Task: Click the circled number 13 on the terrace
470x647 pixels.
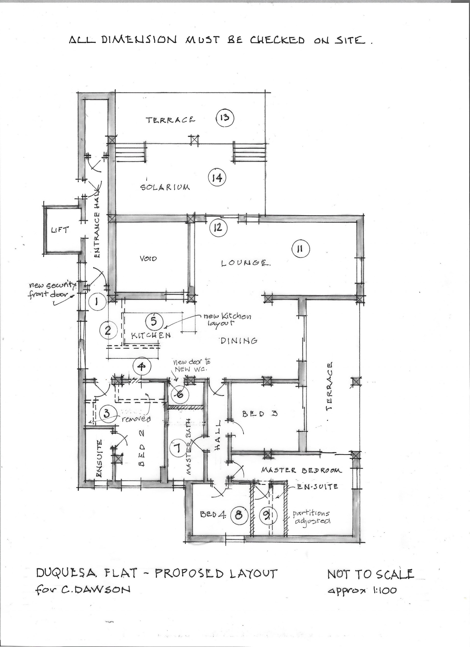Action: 225,118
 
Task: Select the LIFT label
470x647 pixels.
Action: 60,229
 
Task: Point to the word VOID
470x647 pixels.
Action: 148,259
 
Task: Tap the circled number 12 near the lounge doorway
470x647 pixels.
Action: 218,228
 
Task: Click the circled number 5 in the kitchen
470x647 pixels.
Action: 154,321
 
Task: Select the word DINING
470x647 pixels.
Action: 239,340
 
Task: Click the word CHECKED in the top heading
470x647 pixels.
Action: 277,40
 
